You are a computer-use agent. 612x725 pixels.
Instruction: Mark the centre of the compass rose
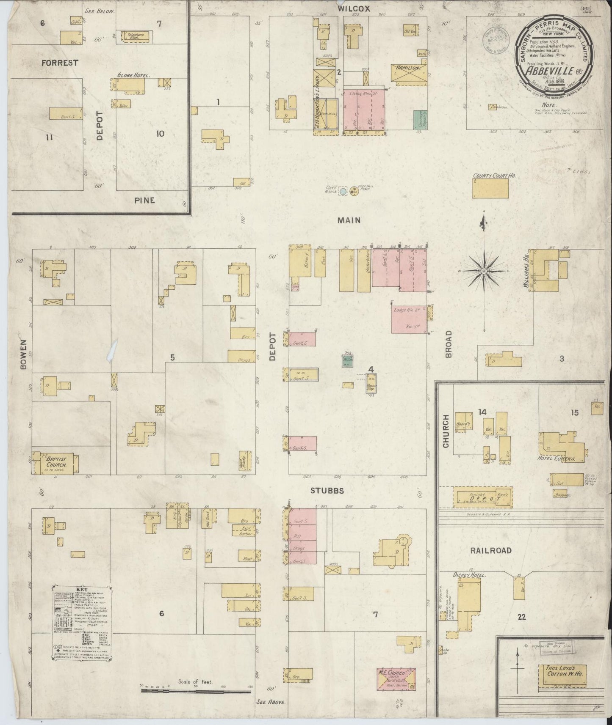tap(484, 270)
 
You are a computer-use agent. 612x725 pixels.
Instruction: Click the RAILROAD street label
tap(491, 550)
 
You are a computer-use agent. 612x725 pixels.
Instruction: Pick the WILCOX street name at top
tap(354, 8)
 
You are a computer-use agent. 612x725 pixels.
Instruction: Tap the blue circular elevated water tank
tap(343, 192)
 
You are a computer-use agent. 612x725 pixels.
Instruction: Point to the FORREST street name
tap(60, 63)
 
